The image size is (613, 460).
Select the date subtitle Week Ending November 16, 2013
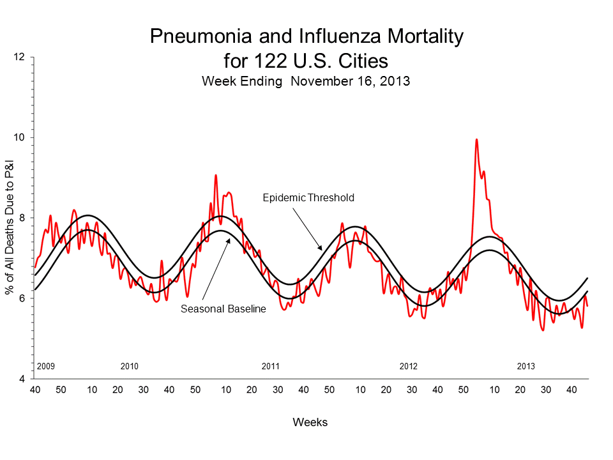(x=306, y=81)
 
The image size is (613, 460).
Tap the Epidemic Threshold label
(x=308, y=198)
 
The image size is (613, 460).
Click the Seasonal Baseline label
(x=223, y=309)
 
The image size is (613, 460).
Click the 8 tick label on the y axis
(x=22, y=218)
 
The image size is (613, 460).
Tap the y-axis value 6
(x=22, y=298)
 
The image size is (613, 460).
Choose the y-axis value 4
(x=22, y=379)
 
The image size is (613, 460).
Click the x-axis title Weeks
(x=310, y=422)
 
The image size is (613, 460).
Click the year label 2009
(x=47, y=367)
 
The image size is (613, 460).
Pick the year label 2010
(x=130, y=367)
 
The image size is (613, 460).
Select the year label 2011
(x=271, y=367)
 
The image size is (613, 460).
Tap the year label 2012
(x=409, y=367)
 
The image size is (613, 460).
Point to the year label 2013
(x=526, y=367)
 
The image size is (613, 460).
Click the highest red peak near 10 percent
(x=476, y=140)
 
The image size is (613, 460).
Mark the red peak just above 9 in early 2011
(x=216, y=175)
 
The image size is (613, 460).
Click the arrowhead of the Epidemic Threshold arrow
(x=321, y=249)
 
